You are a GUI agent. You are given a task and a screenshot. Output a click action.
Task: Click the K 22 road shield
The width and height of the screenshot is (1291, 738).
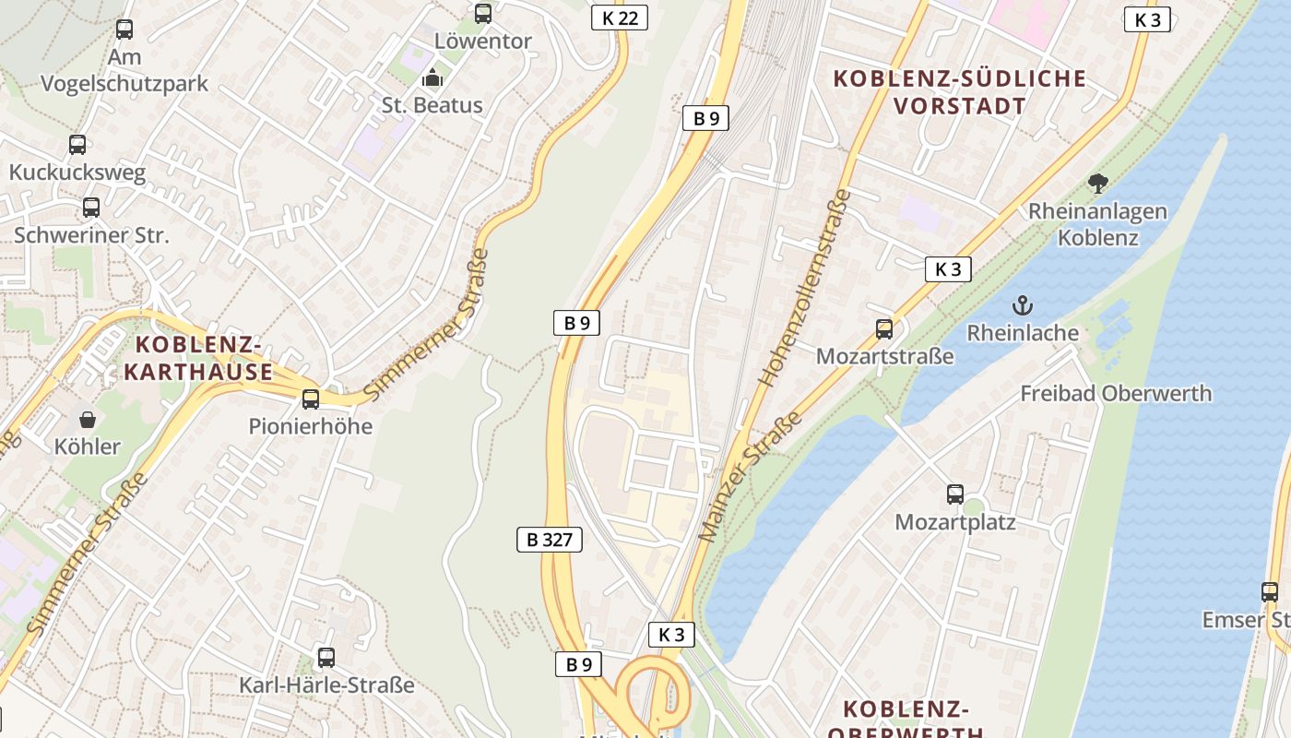[x=620, y=18]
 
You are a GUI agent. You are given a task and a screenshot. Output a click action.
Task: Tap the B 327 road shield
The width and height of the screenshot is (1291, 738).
[x=549, y=540]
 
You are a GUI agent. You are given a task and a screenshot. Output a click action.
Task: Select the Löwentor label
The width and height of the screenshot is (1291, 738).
[x=482, y=42]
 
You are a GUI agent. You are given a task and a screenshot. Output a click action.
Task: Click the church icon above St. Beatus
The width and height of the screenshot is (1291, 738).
[x=432, y=78]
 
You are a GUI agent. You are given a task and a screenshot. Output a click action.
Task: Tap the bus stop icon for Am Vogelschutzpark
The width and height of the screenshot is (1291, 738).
[x=124, y=30]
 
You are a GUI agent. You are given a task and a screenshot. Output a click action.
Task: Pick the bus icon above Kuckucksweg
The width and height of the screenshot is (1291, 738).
[x=77, y=145]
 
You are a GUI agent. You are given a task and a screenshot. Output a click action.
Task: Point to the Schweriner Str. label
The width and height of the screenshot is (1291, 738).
[x=91, y=234]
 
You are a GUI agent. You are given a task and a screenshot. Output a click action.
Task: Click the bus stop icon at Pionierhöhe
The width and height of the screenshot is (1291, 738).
[x=311, y=399]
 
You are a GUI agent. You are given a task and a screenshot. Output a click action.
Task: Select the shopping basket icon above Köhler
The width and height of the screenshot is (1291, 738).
[x=88, y=421]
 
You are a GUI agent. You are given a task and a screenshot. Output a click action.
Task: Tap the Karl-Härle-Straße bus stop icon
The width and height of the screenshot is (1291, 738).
[x=326, y=658]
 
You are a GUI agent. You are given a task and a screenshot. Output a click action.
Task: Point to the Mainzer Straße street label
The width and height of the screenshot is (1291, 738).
[x=750, y=477]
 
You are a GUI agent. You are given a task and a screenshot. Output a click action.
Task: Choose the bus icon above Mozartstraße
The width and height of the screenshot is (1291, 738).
[x=884, y=328]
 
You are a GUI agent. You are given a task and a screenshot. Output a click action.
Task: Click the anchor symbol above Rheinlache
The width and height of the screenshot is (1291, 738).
[x=1023, y=305]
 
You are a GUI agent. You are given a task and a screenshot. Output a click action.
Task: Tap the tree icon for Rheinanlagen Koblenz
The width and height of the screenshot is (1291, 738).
[x=1097, y=184]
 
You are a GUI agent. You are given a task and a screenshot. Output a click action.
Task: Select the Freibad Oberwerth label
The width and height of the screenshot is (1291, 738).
[x=1116, y=394]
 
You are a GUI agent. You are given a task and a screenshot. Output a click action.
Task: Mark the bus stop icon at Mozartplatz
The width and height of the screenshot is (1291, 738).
[x=955, y=494]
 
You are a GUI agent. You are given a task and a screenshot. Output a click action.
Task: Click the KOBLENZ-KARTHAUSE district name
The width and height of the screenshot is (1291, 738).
[x=198, y=359]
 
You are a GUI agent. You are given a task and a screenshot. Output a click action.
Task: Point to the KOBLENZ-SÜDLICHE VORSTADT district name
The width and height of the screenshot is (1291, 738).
[x=960, y=91]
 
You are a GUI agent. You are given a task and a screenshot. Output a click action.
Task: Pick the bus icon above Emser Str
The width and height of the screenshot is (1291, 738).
[x=1270, y=592]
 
